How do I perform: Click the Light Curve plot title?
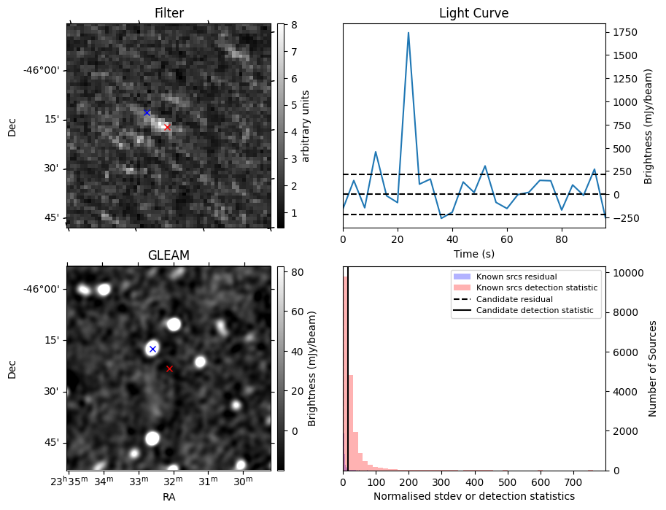tap(473, 13)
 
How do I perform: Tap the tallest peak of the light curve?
tap(408, 33)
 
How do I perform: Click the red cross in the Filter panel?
tap(167, 127)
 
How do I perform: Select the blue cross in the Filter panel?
tap(147, 112)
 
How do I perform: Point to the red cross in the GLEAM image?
tap(169, 368)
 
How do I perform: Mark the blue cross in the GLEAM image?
tap(152, 349)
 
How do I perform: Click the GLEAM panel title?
tap(169, 255)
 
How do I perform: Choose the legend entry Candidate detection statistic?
tap(535, 311)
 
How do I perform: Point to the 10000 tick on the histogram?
tap(624, 273)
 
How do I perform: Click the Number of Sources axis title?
tap(653, 368)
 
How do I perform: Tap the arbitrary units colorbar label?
tap(306, 125)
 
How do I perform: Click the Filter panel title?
tap(169, 13)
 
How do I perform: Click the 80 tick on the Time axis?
tap(562, 239)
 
